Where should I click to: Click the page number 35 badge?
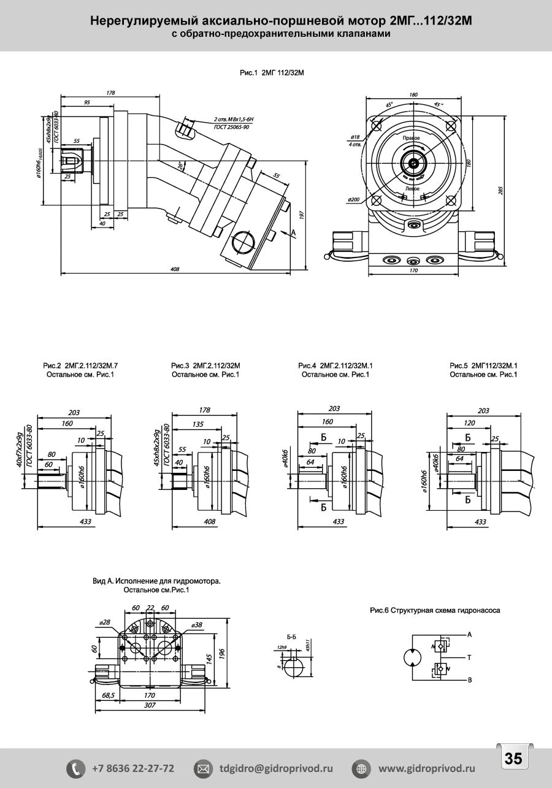tap(513, 759)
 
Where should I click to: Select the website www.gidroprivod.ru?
tap(426, 768)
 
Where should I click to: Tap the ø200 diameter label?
tap(353, 199)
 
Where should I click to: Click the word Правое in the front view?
tap(411, 139)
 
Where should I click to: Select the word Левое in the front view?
tap(412, 188)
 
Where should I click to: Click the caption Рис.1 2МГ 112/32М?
tap(272, 73)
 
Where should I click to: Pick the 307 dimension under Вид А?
tap(149, 705)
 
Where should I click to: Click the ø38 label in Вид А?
tap(197, 624)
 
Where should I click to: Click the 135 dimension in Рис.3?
tap(199, 424)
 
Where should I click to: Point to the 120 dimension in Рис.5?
tap(470, 424)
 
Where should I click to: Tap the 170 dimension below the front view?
tap(412, 270)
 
